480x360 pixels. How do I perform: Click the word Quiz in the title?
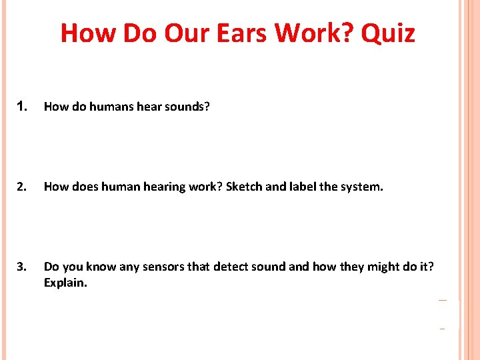coord(388,32)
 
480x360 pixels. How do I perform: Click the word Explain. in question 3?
coord(65,283)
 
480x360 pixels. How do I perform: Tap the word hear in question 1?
coord(147,107)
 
